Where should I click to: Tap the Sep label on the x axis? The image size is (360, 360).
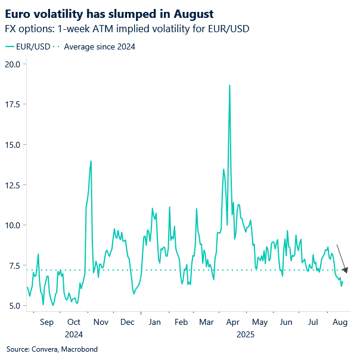point(46,322)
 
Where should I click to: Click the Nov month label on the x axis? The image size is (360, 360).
point(100,322)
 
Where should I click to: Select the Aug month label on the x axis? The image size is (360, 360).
point(340,322)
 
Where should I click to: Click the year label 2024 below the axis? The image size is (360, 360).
point(73,334)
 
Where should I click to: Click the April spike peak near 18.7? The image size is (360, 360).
point(229,85)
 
